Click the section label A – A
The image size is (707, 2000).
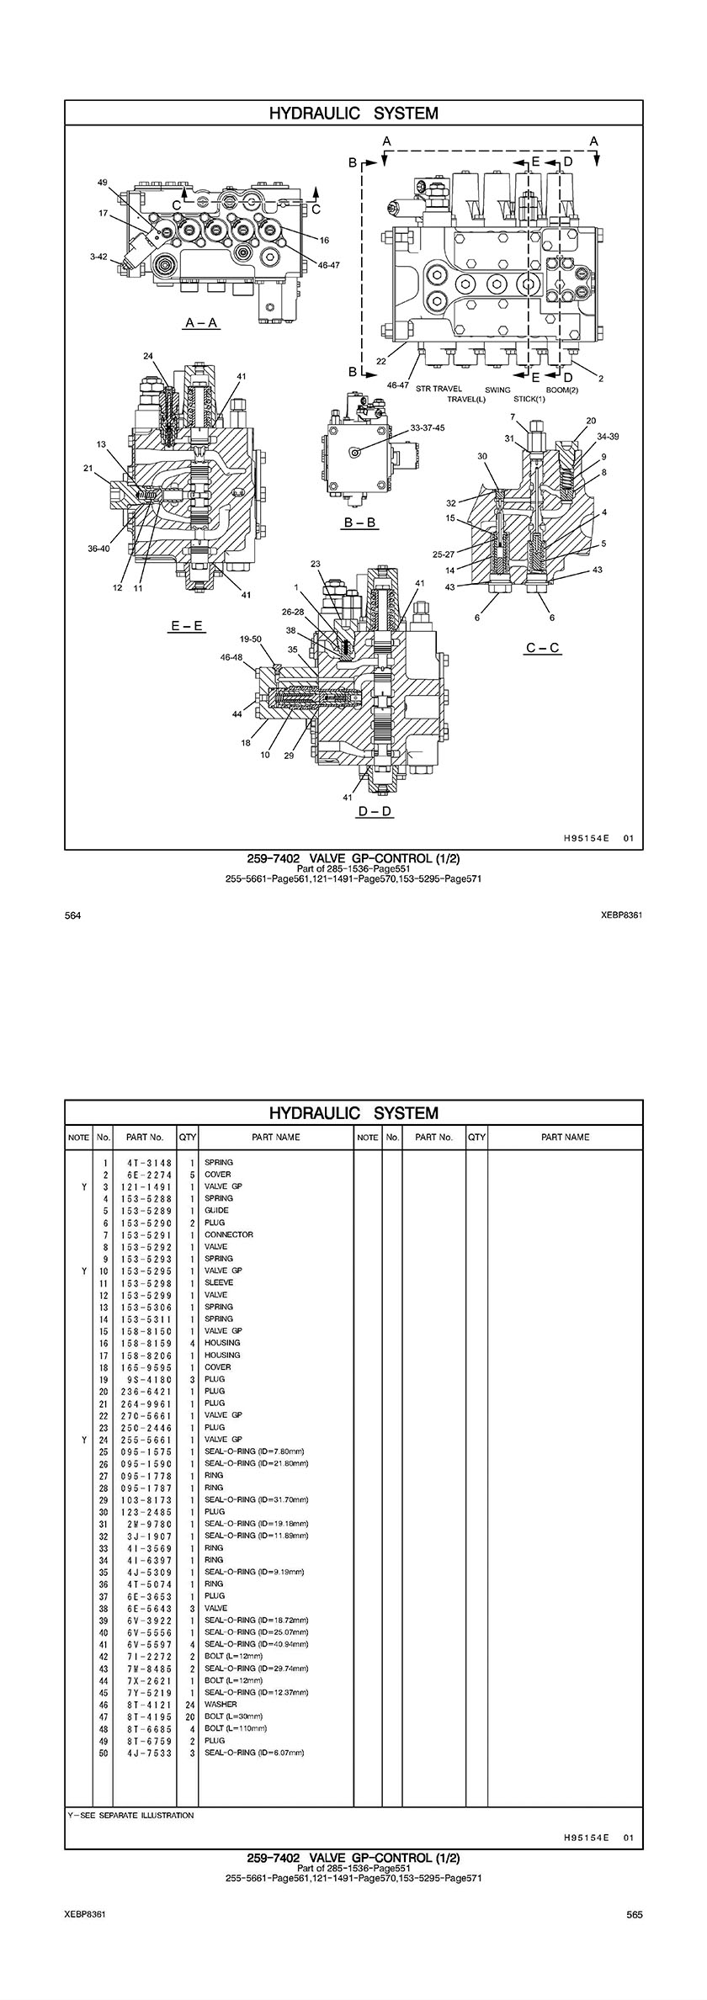[x=202, y=323]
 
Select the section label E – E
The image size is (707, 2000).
[x=186, y=626]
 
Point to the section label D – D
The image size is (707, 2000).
[x=375, y=811]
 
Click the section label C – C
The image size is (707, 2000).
[x=543, y=647]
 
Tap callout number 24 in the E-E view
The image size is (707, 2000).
[x=148, y=355]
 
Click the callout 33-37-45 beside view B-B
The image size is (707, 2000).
[x=428, y=427]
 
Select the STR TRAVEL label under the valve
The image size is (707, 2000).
[x=439, y=389]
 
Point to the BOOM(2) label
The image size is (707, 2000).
[x=562, y=389]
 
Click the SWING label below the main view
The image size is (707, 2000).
[x=497, y=389]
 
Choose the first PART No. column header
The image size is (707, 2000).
[x=144, y=1137]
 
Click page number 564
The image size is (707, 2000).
[x=73, y=915]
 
